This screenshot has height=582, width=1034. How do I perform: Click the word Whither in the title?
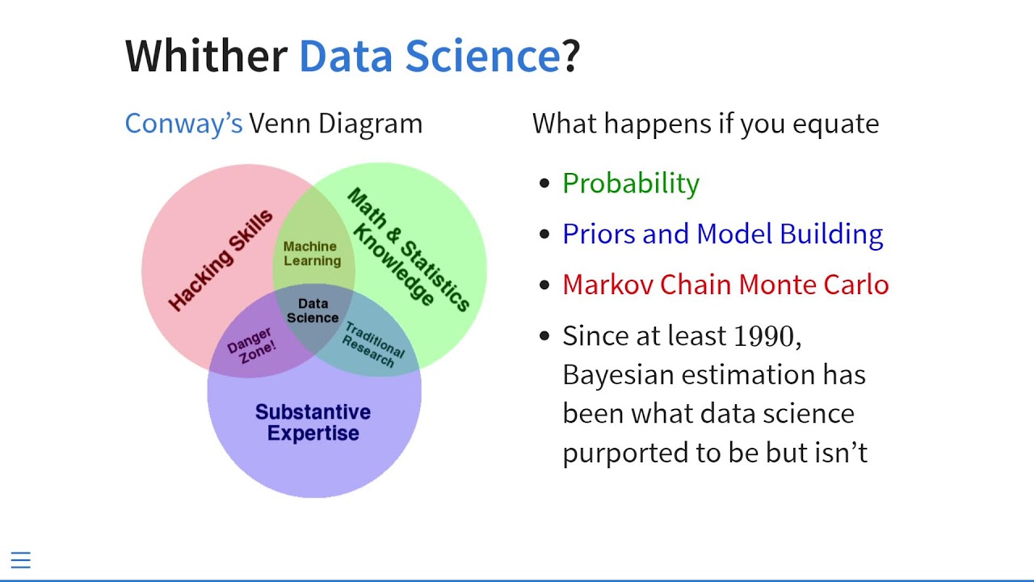pyautogui.click(x=206, y=56)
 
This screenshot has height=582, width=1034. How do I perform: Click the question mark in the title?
pyautogui.click(x=570, y=56)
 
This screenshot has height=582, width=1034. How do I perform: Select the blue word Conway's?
pyautogui.click(x=183, y=124)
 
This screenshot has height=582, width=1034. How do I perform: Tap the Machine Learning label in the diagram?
pyautogui.click(x=312, y=254)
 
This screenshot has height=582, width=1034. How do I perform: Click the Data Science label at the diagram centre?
pyautogui.click(x=313, y=310)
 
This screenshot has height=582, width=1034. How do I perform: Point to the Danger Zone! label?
pyautogui.click(x=251, y=346)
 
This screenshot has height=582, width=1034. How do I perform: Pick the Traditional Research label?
pyautogui.click(x=373, y=345)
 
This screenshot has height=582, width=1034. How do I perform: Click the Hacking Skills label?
pyautogui.click(x=221, y=260)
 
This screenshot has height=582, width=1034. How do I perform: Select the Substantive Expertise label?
pyautogui.click(x=313, y=422)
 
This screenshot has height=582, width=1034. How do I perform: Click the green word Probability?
pyautogui.click(x=631, y=183)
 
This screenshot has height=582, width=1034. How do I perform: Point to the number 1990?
pyautogui.click(x=763, y=335)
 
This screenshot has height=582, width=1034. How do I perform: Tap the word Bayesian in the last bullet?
pyautogui.click(x=619, y=374)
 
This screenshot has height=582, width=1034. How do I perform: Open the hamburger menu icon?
pyautogui.click(x=21, y=560)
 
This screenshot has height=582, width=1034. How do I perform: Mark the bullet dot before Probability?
pyautogui.click(x=544, y=183)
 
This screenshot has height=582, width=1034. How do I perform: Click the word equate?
pyautogui.click(x=835, y=124)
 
